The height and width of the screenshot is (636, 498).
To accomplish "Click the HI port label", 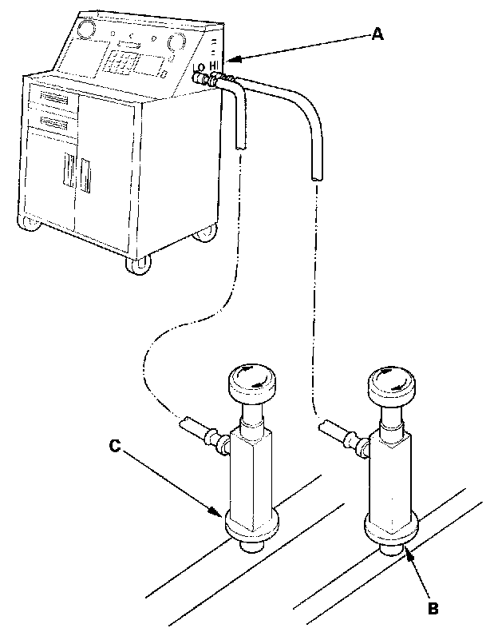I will (216, 68).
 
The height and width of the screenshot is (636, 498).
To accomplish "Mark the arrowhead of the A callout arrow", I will (228, 61).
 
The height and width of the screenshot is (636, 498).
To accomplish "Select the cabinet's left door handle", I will (69, 174).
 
